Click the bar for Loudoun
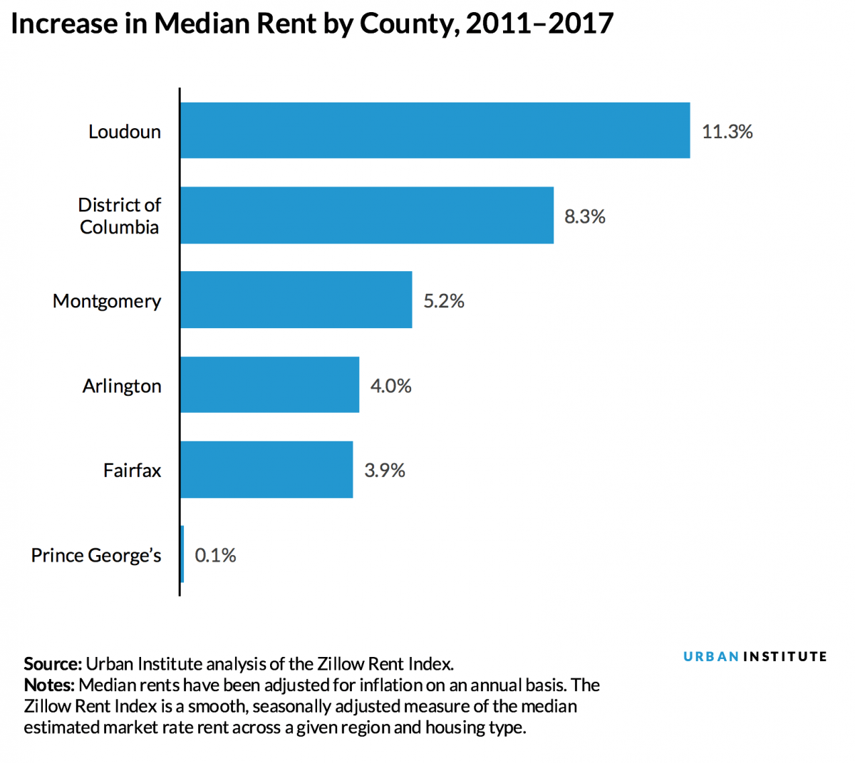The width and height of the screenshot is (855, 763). [x=435, y=130]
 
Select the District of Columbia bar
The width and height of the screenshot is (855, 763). [x=366, y=215]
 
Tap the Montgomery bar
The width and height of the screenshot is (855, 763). [x=296, y=300]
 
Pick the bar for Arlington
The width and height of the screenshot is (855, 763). [x=269, y=384]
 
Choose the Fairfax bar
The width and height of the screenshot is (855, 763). [x=266, y=469]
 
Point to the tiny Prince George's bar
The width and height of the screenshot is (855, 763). [x=182, y=554]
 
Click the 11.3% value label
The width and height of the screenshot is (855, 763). [x=727, y=132]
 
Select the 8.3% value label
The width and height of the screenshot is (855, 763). [x=584, y=216]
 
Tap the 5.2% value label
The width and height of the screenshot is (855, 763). [x=443, y=301]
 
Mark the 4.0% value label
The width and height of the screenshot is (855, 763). [x=390, y=386]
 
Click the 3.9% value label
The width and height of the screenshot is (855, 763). [x=384, y=470]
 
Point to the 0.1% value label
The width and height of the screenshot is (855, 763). [x=215, y=555]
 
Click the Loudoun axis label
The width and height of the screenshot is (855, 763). [x=125, y=132]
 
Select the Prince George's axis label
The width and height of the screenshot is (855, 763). [x=96, y=555]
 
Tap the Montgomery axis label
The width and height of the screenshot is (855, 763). [x=107, y=301]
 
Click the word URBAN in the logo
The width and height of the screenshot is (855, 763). [x=710, y=656]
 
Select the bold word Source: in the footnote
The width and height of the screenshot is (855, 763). [x=53, y=664]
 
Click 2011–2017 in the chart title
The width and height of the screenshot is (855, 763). [x=539, y=24]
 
